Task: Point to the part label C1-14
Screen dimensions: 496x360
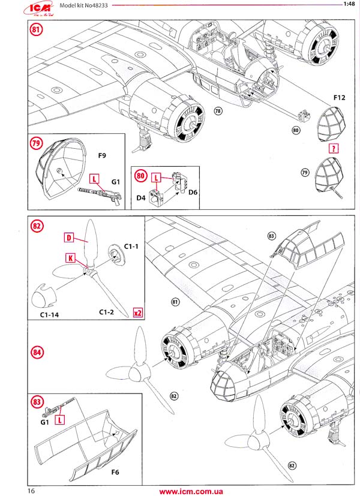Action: (45, 312)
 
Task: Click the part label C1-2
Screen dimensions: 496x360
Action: (106, 312)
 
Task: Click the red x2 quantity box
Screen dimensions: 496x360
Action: (137, 312)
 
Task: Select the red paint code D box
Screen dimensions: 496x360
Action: (69, 238)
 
